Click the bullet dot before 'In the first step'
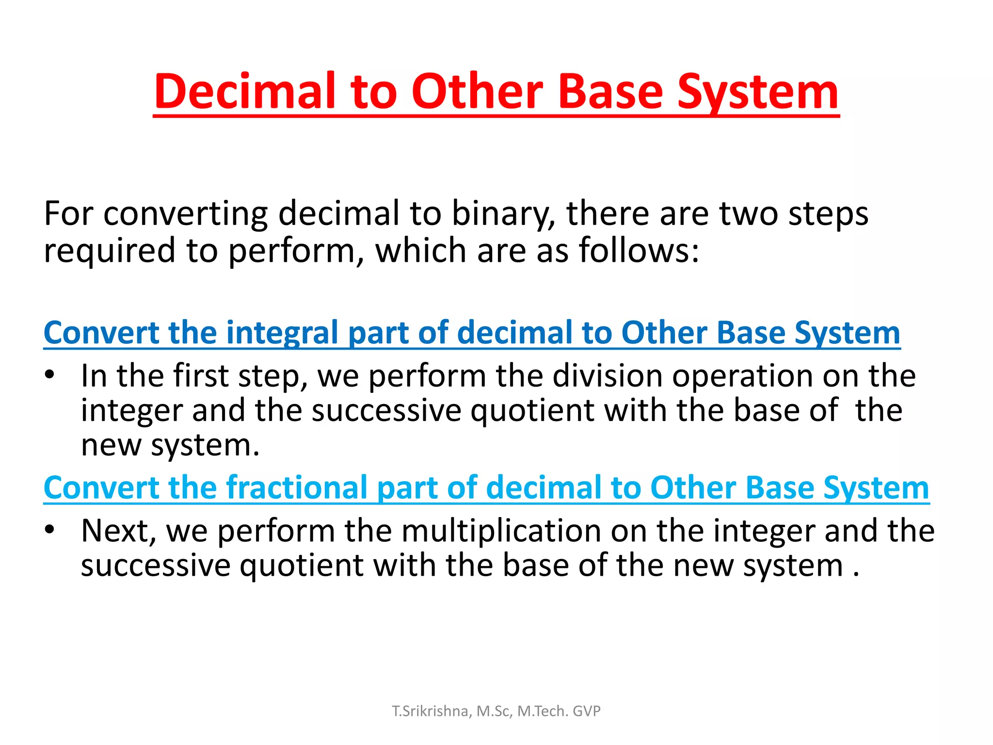pyautogui.click(x=49, y=374)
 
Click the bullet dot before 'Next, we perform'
pyautogui.click(x=49, y=529)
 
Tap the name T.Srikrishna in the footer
pyautogui.click(x=430, y=711)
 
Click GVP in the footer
pyautogui.click(x=586, y=711)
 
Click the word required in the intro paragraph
pyautogui.click(x=110, y=251)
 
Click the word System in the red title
pyautogui.click(x=757, y=92)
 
